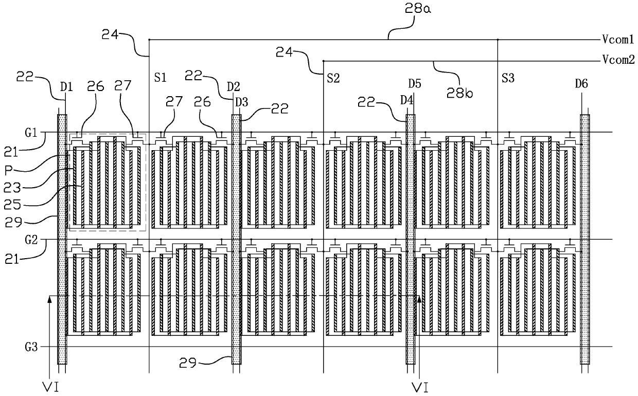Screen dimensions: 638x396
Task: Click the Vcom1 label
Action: tap(618, 39)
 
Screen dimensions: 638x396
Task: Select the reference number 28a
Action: tap(418, 9)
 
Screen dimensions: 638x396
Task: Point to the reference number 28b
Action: tap(459, 93)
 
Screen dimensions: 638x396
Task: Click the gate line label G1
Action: tap(31, 133)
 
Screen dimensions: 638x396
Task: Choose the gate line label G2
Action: tap(31, 240)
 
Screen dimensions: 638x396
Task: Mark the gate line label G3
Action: tap(31, 347)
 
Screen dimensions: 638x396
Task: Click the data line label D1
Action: tap(66, 87)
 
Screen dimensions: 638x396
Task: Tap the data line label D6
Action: tap(581, 84)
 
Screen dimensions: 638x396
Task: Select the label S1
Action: tap(160, 78)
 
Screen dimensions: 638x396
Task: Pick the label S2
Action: tap(333, 78)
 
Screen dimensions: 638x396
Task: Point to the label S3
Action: tap(508, 78)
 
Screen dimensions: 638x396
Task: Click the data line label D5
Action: tap(414, 84)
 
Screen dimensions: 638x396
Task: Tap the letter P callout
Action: tap(9, 171)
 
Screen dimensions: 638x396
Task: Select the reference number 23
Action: tap(12, 188)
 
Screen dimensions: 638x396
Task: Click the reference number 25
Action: tap(12, 204)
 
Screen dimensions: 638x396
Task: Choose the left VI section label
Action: tap(50, 387)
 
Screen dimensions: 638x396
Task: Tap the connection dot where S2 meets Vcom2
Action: tap(323, 61)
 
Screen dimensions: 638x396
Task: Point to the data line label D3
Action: tap(241, 102)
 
